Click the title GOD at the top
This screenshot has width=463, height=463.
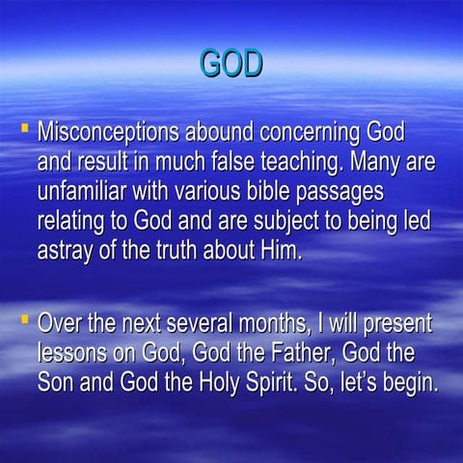[x=231, y=63]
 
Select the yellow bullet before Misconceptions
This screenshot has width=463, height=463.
[x=23, y=125]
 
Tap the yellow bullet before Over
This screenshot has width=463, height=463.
[x=23, y=317]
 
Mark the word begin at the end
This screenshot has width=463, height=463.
[x=410, y=382]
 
